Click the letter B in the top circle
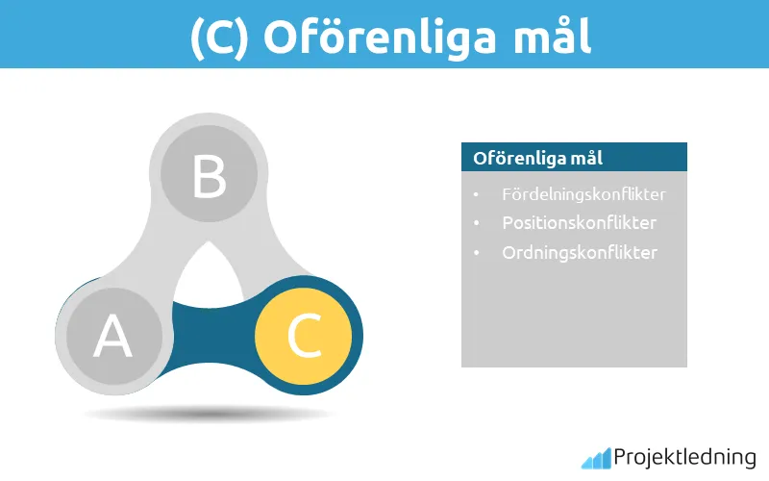tap(209, 177)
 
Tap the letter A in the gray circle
tap(112, 337)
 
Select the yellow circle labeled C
tap(303, 335)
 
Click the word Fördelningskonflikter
tap(583, 194)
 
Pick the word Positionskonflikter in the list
tap(579, 223)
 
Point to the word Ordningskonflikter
tap(579, 253)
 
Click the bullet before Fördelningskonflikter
tap(476, 195)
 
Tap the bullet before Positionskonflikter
tap(476, 224)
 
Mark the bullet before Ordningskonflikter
tap(476, 254)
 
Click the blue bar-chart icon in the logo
tap(595, 458)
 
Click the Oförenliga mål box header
tap(574, 158)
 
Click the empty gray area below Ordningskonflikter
tap(574, 317)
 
